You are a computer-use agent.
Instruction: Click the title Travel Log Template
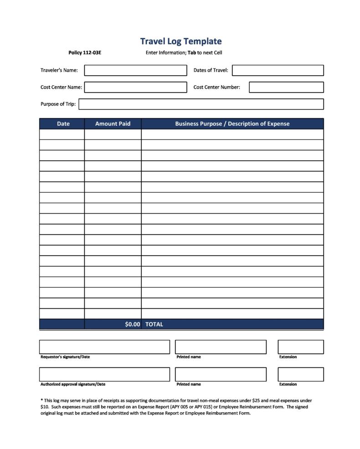point(181,41)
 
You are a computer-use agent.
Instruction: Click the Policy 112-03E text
point(85,53)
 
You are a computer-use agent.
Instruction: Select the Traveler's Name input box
point(135,70)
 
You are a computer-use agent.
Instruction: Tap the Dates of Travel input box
point(278,70)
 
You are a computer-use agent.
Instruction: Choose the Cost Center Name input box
point(135,87)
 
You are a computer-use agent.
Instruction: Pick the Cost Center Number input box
point(286,87)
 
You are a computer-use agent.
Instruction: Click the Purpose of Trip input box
point(201,104)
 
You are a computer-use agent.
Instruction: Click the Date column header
point(63,124)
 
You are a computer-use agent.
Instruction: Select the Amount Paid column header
point(113,124)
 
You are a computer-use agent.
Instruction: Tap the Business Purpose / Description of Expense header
point(232,124)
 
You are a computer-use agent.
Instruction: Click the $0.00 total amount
point(132,324)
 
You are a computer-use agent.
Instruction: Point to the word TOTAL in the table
point(154,324)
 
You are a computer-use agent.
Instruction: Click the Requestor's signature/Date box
point(104,347)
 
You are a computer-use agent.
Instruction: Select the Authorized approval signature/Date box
point(104,374)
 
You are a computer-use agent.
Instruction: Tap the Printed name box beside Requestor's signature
point(221,347)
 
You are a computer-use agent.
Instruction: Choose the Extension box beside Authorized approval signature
point(300,374)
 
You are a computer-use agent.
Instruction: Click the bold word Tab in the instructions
point(192,53)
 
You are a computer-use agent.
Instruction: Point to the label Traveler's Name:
point(59,70)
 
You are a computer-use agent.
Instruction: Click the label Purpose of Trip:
point(58,104)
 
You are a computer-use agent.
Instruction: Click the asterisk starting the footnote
point(41,400)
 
